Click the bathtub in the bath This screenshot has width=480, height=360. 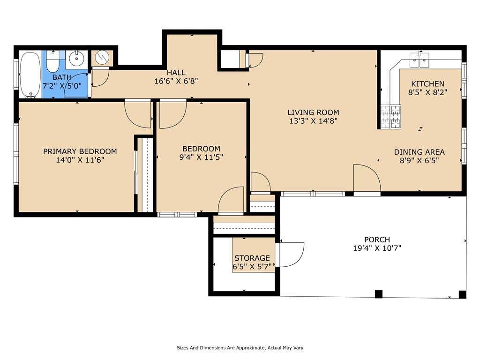tap(30, 75)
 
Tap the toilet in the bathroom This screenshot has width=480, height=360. tap(52, 62)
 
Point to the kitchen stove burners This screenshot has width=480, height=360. tap(391, 117)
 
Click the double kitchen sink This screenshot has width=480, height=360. tap(420, 60)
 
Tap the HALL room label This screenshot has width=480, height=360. tap(176, 73)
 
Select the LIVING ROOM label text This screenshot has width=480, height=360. tap(313, 112)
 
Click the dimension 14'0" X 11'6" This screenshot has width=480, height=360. tap(80, 159)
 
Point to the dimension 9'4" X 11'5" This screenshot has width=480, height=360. tap(201, 157)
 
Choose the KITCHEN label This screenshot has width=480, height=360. tap(427, 83)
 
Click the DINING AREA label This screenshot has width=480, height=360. tap(419, 152)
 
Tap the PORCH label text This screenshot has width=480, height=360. tap(377, 240)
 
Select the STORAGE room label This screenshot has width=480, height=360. tap(252, 258)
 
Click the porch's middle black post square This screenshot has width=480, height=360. tap(379, 294)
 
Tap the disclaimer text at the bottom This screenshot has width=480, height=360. tap(240, 348)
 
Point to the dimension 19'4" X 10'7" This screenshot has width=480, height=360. tap(377, 248)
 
